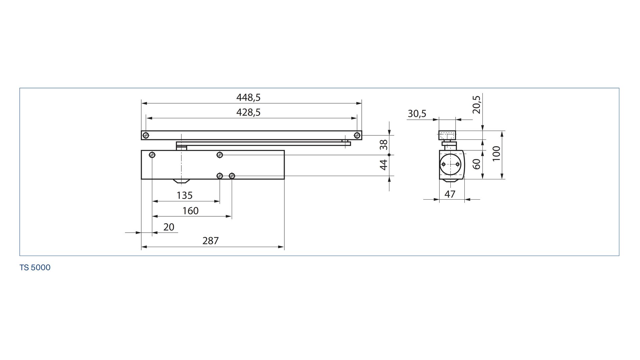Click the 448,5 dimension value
coord(248,97)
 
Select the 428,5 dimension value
coord(248,112)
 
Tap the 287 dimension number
coord(211,241)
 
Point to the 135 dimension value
coord(185,195)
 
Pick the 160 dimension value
coord(191,211)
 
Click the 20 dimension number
coord(169,227)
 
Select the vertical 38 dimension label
coord(384,144)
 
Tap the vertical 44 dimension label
coord(384,165)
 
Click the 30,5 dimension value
coord(417,114)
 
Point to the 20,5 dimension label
coord(477,105)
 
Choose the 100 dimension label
coord(497,153)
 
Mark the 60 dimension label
coord(477,164)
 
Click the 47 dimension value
coord(450,194)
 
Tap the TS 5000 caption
coord(35,268)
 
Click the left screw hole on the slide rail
coord(146,135)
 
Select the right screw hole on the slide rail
coord(357,135)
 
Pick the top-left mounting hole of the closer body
coord(152,155)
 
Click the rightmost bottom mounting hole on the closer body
coord(232,176)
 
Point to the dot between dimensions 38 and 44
coord(389,155)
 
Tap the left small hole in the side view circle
coord(443,164)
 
